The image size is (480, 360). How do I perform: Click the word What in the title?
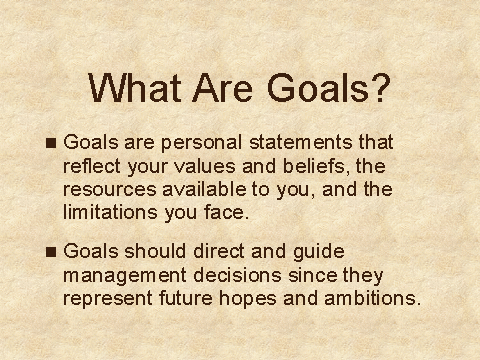coord(135,88)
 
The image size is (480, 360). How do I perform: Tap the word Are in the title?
coord(223,88)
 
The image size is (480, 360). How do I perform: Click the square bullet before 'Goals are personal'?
coord(51,143)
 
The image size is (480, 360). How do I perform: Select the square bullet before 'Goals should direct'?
coord(51,252)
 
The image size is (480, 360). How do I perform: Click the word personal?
coord(201,144)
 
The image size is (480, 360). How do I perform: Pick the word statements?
coord(301,142)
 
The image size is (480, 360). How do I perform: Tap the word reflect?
coord(92,166)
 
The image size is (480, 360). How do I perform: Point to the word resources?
coord(110,189)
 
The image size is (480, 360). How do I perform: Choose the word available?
coord(204,189)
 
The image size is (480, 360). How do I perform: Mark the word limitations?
coord(110,212)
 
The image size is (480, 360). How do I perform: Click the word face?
coord(227,212)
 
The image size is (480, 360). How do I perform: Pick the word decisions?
coord(237,275)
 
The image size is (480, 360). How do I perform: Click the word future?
coord(186,298)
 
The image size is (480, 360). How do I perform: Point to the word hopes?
coord(248,299)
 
